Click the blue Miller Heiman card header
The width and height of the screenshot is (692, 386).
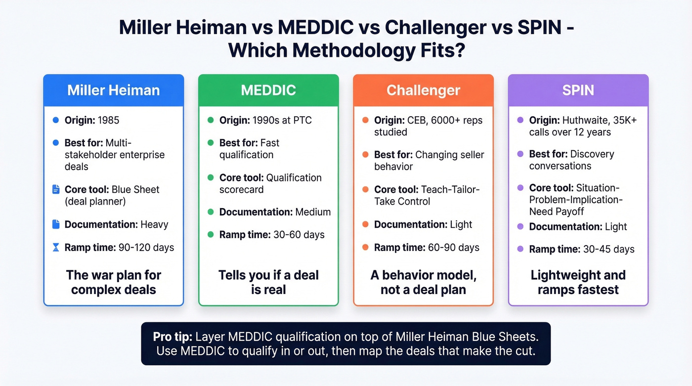tap(113, 90)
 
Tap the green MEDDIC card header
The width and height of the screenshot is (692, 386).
tap(268, 90)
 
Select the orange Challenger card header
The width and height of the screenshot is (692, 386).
tap(423, 90)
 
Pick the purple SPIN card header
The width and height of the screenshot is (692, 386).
tap(578, 90)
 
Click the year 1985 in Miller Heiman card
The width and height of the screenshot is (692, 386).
tap(108, 120)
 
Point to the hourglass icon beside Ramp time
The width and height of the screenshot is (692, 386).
tap(55, 247)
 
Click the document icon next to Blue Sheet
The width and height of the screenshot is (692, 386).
tap(55, 189)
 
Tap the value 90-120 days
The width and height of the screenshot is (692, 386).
tap(146, 247)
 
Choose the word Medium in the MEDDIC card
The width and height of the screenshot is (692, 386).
tap(313, 212)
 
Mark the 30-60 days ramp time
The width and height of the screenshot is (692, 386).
tap(299, 235)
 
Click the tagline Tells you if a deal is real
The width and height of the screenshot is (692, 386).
tap(268, 282)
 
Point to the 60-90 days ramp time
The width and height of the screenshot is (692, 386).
tap(454, 247)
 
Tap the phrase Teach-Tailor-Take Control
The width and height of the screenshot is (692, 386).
tap(427, 195)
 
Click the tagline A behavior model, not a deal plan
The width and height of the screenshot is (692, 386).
tap(423, 282)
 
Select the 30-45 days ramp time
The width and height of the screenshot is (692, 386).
tap(608, 249)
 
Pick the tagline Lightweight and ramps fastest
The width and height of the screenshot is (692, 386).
tap(578, 282)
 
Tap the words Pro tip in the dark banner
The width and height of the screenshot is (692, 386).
tap(173, 337)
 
